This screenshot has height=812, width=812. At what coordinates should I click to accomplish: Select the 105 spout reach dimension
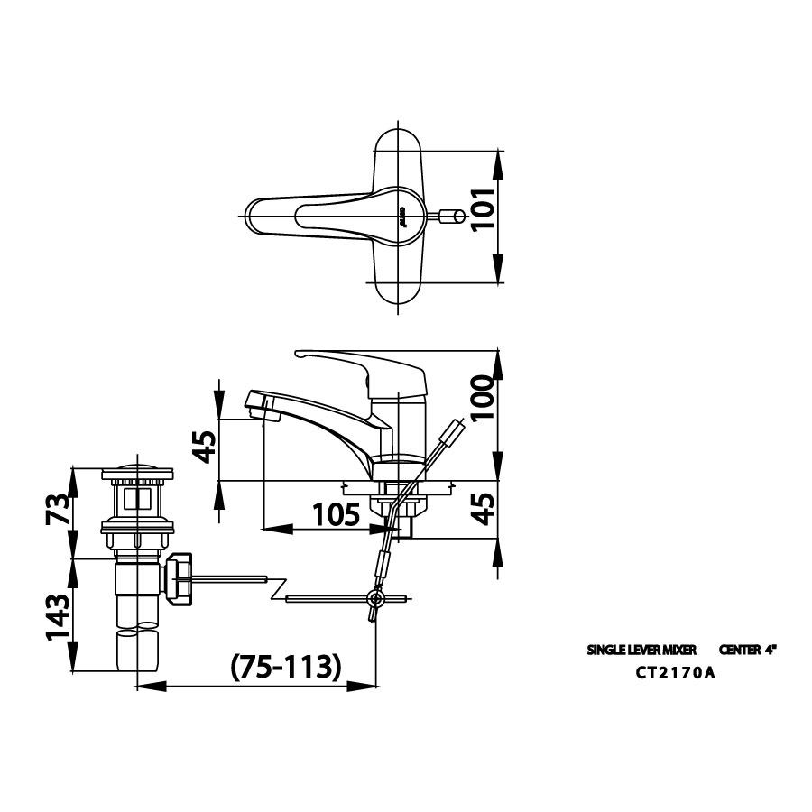[x=335, y=515]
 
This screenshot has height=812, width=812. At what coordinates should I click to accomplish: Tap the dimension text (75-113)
[x=286, y=667]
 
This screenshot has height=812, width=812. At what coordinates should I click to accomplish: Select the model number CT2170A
[x=675, y=671]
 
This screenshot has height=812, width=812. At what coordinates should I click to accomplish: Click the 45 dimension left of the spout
[x=207, y=446]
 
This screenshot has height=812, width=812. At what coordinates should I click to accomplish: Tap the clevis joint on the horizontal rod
[x=375, y=598]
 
